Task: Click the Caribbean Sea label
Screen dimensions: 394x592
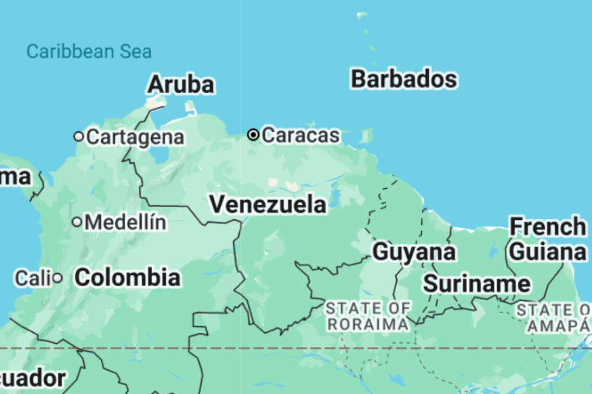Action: [89, 52]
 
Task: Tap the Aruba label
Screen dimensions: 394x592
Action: [181, 85]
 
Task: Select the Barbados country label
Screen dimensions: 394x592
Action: [404, 79]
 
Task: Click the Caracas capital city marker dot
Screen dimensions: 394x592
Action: [253, 135]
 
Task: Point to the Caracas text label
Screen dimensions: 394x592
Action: [301, 135]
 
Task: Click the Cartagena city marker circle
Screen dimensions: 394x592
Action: [78, 136]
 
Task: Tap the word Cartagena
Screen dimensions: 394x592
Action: [135, 137]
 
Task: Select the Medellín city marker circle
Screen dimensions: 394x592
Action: [77, 222]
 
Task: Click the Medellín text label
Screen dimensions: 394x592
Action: [126, 222]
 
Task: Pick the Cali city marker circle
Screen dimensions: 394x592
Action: [57, 278]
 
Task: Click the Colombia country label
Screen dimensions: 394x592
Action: [127, 278]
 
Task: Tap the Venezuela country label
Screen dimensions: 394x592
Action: [268, 204]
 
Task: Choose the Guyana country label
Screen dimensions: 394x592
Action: [414, 252]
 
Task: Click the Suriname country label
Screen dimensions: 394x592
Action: [476, 284]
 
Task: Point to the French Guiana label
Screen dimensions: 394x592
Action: [547, 240]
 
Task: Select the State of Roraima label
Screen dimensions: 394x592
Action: [368, 316]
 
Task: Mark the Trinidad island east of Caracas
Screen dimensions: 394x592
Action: [367, 136]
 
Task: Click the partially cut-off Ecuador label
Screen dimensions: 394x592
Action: [33, 378]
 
